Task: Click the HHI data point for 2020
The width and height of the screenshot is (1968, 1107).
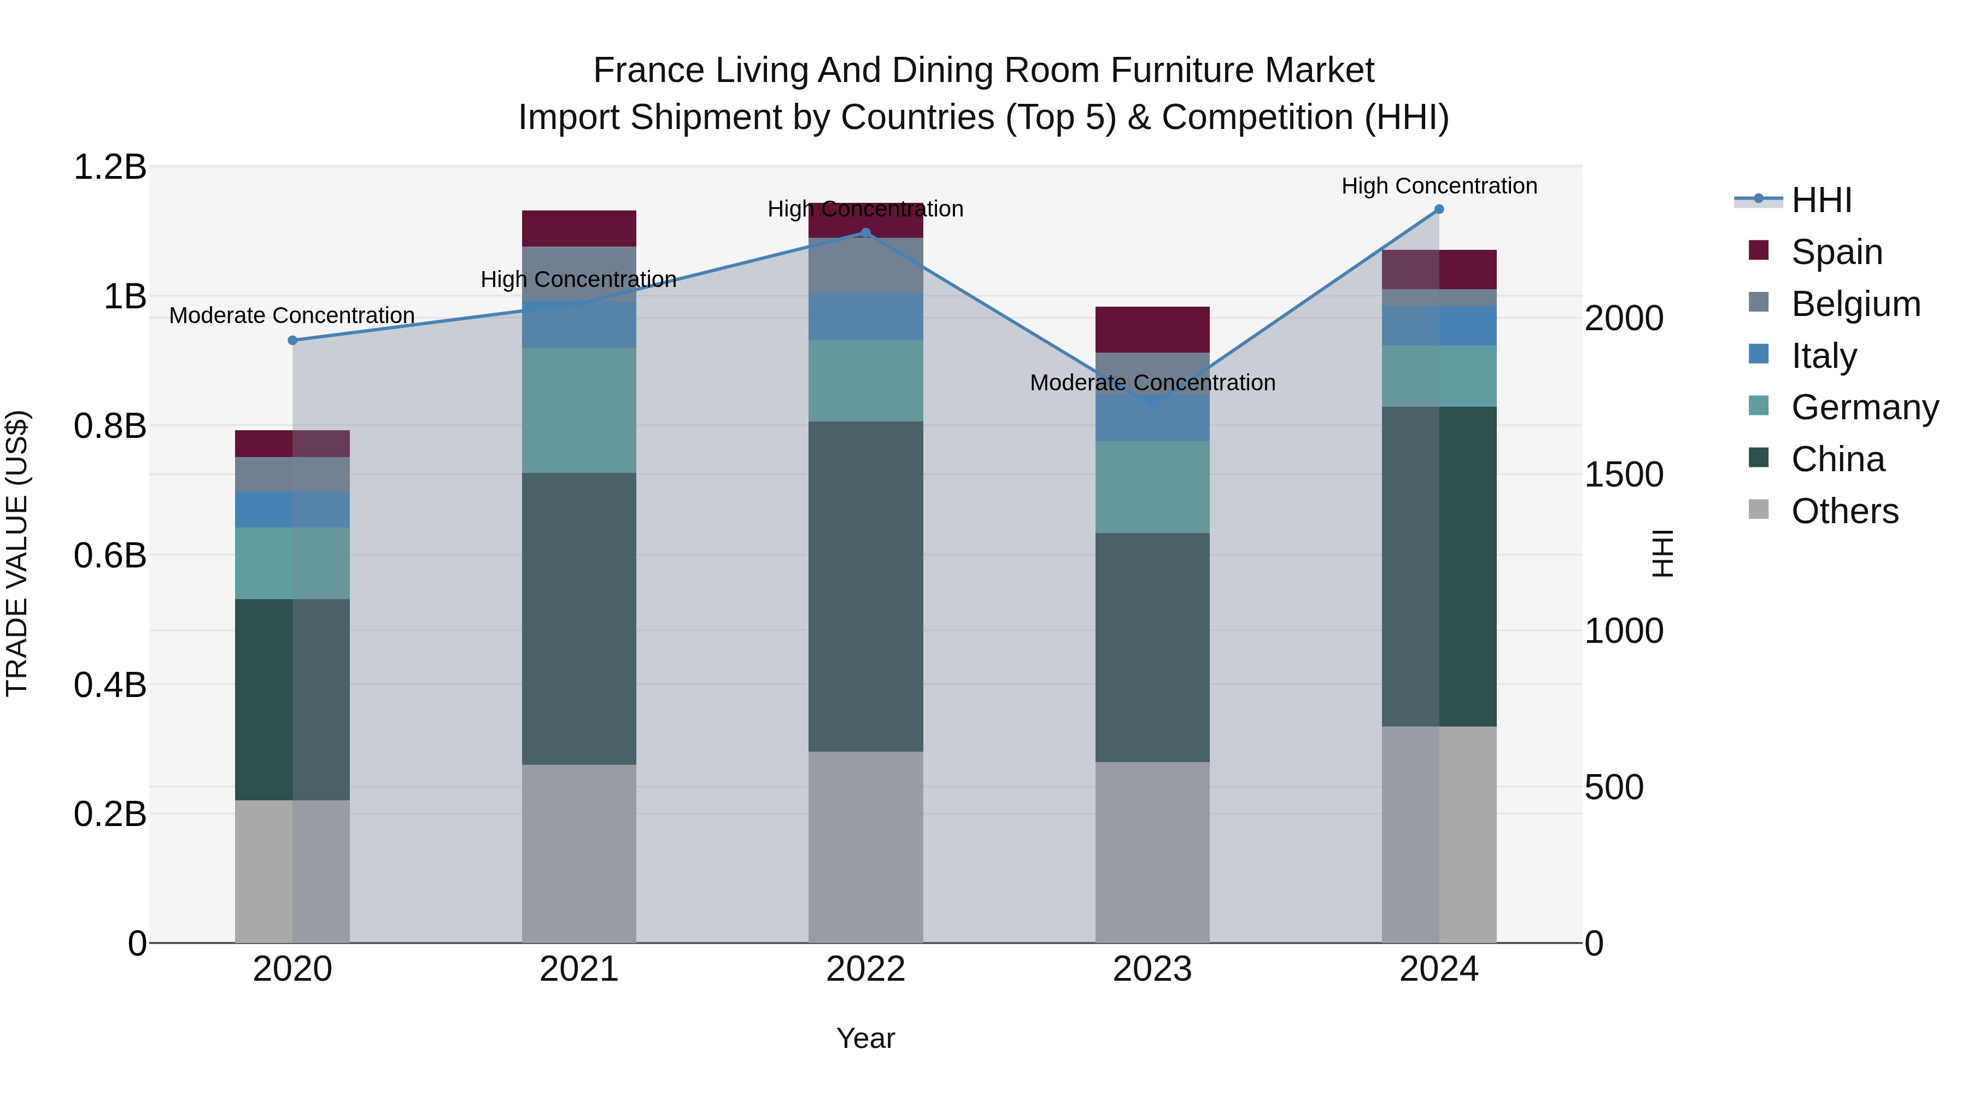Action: [x=292, y=340]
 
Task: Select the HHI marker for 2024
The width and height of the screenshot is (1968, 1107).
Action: [x=1439, y=209]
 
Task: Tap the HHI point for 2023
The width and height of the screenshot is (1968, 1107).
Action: [x=1153, y=405]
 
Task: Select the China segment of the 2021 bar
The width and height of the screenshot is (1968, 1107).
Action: [x=578, y=618]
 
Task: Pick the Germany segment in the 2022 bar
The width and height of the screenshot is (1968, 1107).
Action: [x=865, y=380]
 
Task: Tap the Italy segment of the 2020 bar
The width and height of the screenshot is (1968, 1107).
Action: [x=292, y=509]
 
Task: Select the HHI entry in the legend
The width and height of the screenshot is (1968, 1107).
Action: [x=1821, y=200]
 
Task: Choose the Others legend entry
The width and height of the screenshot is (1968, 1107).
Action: [x=1844, y=511]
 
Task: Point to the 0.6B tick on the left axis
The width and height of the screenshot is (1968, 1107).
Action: [x=110, y=555]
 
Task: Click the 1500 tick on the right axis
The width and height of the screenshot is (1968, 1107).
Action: [x=1624, y=475]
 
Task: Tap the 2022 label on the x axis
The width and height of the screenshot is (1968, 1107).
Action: [x=865, y=969]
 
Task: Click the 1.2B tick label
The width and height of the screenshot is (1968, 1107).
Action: [x=110, y=167]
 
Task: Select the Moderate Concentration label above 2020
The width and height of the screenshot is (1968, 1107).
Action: [x=292, y=315]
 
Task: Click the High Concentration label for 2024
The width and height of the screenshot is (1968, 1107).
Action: [x=1439, y=186]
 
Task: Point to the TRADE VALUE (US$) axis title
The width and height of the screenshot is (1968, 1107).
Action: [x=17, y=553]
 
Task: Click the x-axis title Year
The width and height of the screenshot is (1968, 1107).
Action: [x=865, y=1038]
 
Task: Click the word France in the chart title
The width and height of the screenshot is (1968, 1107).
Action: [x=648, y=71]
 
